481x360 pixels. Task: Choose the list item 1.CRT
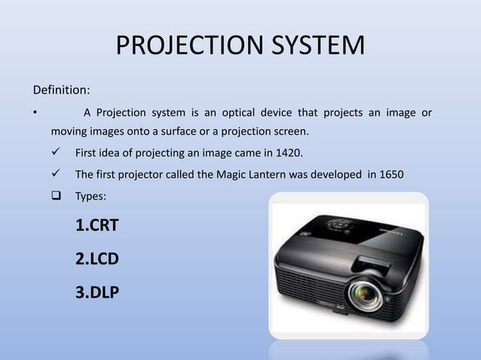click(97, 225)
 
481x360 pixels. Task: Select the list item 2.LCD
click(97, 259)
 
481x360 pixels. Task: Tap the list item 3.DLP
click(97, 292)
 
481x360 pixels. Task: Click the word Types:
click(91, 197)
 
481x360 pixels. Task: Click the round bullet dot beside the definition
click(35, 114)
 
